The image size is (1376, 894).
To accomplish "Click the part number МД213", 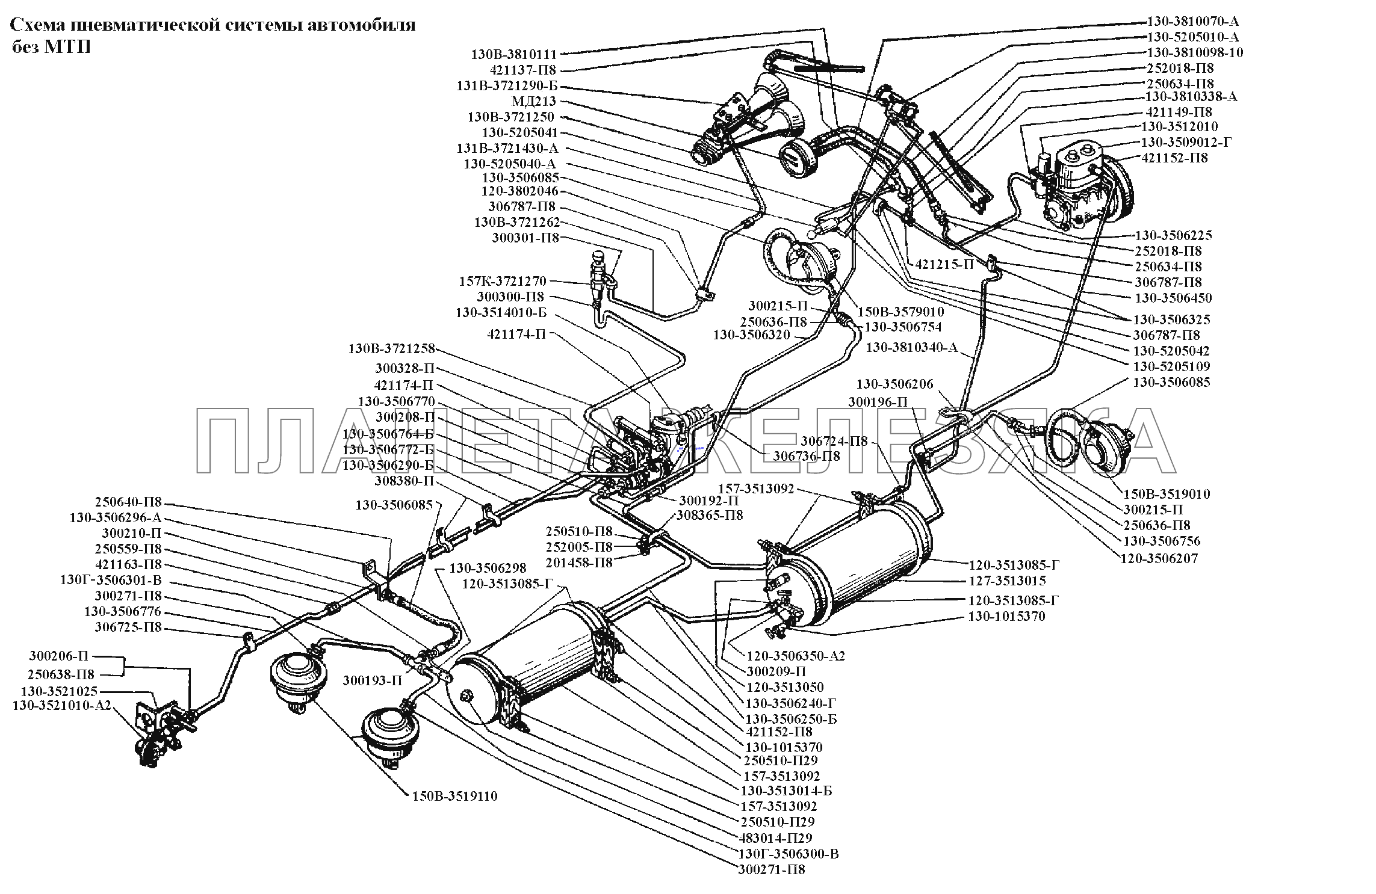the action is (x=534, y=102).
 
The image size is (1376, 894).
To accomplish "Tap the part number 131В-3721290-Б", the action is (x=507, y=86).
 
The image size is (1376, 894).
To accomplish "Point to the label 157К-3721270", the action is (x=503, y=281).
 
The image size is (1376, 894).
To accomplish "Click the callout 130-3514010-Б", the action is (x=501, y=312).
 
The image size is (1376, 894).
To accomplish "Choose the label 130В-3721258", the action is (x=391, y=349).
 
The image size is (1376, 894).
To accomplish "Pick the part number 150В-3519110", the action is (x=454, y=797).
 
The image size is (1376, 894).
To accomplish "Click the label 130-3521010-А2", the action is (x=62, y=706).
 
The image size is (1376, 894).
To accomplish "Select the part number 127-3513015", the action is (x=1007, y=581).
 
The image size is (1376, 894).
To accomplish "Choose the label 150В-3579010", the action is (x=901, y=312).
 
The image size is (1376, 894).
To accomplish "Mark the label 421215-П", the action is (x=944, y=264).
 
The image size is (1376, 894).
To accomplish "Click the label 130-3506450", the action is (x=1174, y=298).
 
